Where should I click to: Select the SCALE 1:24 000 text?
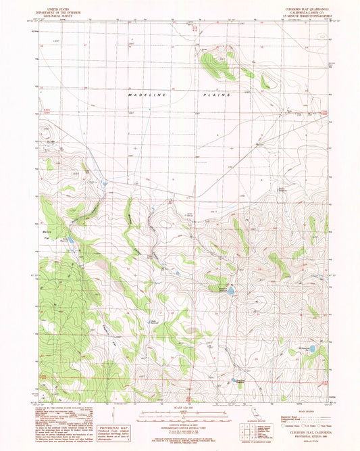(x=180, y=407)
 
